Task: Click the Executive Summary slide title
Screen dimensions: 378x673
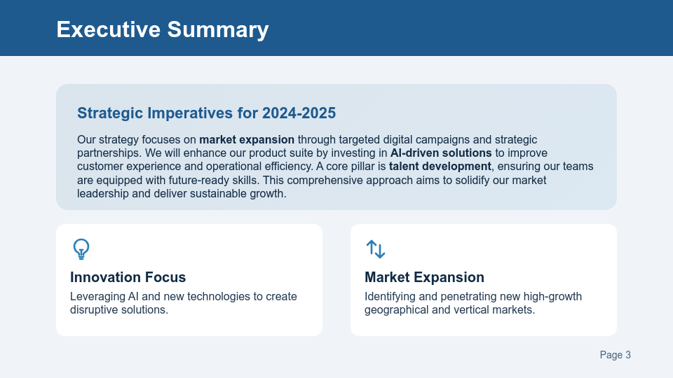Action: pos(162,29)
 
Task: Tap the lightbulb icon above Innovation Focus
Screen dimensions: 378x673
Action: pos(81,248)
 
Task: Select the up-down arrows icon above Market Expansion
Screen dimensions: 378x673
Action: pos(376,248)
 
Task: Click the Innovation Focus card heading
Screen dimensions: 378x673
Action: pos(128,277)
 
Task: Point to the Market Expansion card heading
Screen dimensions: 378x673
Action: pos(424,277)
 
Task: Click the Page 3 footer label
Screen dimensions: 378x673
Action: pos(615,355)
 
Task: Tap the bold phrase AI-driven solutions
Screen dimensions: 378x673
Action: pos(441,153)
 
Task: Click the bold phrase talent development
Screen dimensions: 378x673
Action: pos(440,166)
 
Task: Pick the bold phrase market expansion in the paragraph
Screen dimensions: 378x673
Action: pos(247,139)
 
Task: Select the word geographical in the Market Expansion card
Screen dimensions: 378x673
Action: pos(395,309)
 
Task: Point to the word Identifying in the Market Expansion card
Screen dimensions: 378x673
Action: pos(389,296)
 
